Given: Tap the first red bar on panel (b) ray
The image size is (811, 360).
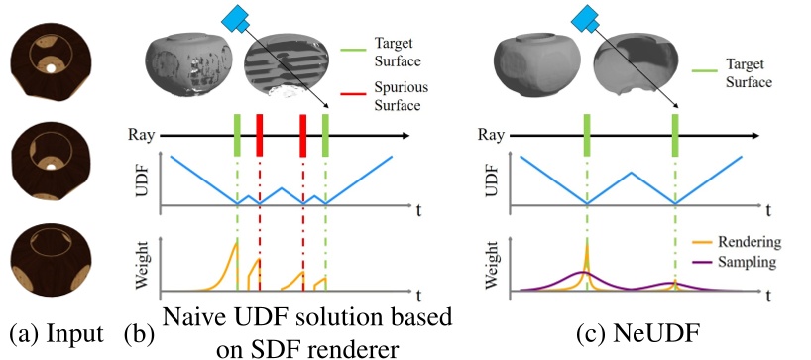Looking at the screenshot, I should [x=260, y=133].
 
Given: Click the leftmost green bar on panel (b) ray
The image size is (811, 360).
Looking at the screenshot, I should [x=237, y=133].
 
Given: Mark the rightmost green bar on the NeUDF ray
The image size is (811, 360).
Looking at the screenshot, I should [x=674, y=133].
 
